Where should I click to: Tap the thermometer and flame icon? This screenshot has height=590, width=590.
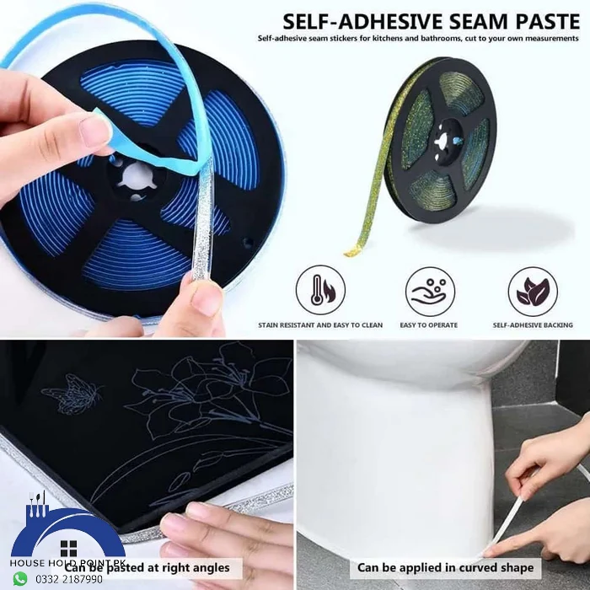click(x=320, y=291)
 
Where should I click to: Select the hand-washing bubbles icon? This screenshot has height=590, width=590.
click(x=430, y=291)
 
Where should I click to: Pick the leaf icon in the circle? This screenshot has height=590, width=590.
click(x=532, y=291)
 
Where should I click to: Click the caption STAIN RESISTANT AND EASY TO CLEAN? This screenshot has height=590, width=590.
click(x=320, y=325)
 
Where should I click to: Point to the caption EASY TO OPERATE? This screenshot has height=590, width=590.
click(x=429, y=325)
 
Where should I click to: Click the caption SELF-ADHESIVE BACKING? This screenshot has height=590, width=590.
click(x=533, y=325)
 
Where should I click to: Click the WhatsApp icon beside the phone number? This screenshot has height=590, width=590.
click(x=19, y=579)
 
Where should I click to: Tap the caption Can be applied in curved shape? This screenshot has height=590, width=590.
click(x=445, y=567)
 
